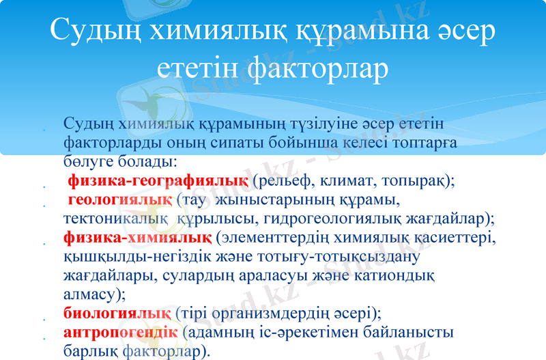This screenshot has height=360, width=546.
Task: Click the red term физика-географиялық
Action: click(158, 181)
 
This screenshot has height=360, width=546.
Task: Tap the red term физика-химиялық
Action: click(137, 238)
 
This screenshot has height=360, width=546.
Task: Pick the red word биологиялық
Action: click(117, 314)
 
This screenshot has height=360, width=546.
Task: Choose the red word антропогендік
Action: click(121, 333)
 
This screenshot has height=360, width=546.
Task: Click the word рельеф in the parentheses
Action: click(286, 181)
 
